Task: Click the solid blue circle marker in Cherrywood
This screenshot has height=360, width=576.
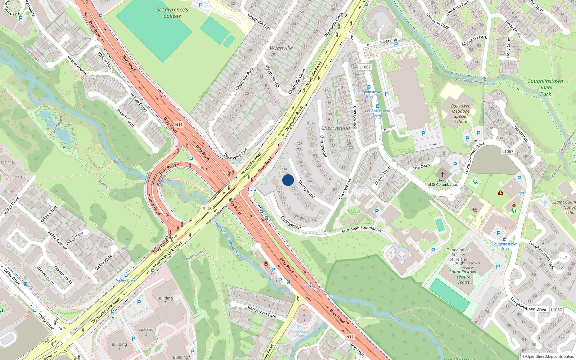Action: pyautogui.click(x=288, y=180)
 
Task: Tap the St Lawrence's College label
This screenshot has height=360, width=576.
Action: pyautogui.click(x=172, y=13)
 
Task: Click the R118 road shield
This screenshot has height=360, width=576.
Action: pyautogui.click(x=207, y=209)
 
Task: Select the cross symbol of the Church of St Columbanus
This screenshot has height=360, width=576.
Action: pyautogui.click(x=443, y=174)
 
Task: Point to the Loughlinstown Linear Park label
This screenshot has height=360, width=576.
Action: pyautogui.click(x=545, y=87)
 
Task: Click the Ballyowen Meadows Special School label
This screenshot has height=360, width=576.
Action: pyautogui.click(x=461, y=114)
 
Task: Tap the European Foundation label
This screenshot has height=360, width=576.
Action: pyautogui.click(x=361, y=229)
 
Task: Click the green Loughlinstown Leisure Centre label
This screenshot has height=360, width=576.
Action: pyautogui.click(x=463, y=277)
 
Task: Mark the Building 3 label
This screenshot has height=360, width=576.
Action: pyautogui.click(x=165, y=300)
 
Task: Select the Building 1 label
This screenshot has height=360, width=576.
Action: pyautogui.click(x=119, y=346)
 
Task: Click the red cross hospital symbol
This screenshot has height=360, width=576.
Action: pyautogui.click(x=500, y=193)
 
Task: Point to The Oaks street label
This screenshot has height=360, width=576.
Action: pyautogui.click(x=421, y=167)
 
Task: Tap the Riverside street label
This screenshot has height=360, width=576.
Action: pyautogui.click(x=388, y=41)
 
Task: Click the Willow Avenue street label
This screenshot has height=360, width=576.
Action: pyautogui.click(x=78, y=65)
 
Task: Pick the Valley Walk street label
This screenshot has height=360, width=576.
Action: pyautogui.click(x=104, y=263)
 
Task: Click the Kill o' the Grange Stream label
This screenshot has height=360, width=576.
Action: pyautogui.click(x=474, y=81)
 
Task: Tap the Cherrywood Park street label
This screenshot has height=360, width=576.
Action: pyautogui.click(x=261, y=311)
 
